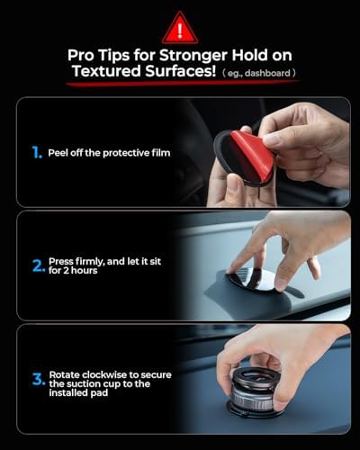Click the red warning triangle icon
coord(180,29)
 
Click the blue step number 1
coord(36,153)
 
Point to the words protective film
coord(139,153)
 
